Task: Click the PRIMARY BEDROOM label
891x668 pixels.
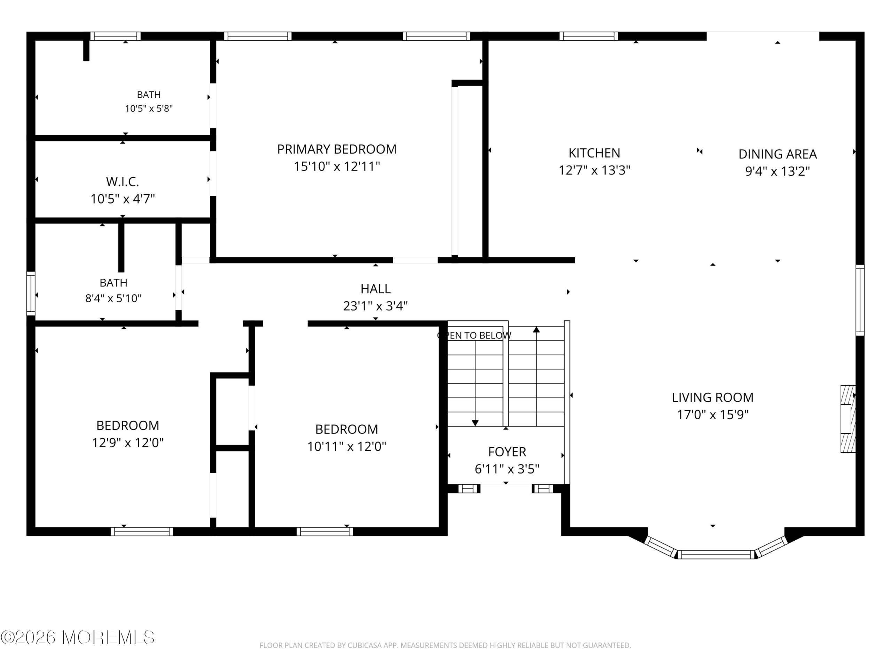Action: pos(337,149)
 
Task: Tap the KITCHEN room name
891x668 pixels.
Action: pos(594,153)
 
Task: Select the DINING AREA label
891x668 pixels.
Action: pos(778,154)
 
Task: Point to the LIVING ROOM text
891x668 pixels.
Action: pos(712,397)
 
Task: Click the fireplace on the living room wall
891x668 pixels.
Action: pos(847,419)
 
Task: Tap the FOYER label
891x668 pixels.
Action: pos(507,452)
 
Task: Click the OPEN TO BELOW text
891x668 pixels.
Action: pos(474,335)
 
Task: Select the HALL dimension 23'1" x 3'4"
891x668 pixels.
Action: pos(376,307)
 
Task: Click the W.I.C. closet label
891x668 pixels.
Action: pos(123,182)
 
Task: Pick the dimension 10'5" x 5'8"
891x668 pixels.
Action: pos(149,108)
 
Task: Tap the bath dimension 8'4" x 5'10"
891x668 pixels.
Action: pos(113,299)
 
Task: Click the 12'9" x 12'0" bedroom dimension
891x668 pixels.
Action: pos(128,443)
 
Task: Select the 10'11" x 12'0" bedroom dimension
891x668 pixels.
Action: pos(347,446)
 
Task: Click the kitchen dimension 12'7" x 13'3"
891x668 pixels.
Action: pos(594,170)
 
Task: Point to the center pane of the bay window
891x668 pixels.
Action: pos(716,555)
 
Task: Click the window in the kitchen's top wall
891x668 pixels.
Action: pos(589,36)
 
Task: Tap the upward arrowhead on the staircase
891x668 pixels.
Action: pos(536,329)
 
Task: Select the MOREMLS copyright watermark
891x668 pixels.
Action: pos(77,637)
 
